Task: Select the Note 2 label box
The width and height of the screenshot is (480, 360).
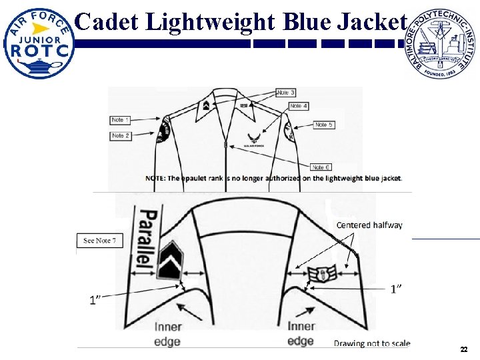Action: tap(121, 135)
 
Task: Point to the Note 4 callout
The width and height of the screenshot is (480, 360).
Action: tap(299, 106)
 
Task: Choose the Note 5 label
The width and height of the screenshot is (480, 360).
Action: tap(324, 125)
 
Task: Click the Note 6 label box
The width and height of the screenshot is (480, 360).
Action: tap(321, 167)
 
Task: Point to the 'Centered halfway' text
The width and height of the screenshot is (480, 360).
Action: tap(369, 225)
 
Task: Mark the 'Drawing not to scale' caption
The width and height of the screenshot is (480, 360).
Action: tap(372, 343)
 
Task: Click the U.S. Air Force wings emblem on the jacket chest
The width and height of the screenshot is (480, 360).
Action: tap(255, 139)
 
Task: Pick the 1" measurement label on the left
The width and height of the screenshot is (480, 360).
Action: tap(96, 300)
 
